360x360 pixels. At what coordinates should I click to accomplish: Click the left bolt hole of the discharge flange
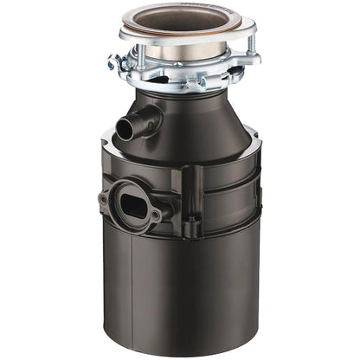coord(104,198)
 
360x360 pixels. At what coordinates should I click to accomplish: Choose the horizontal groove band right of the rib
coord(229,186)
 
